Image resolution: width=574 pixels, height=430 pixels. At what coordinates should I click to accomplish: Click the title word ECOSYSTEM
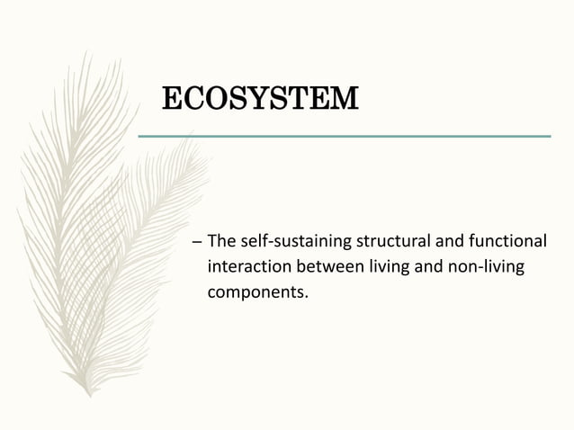pos(259,98)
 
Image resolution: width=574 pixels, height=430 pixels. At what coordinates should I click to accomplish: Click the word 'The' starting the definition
pos(221,243)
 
